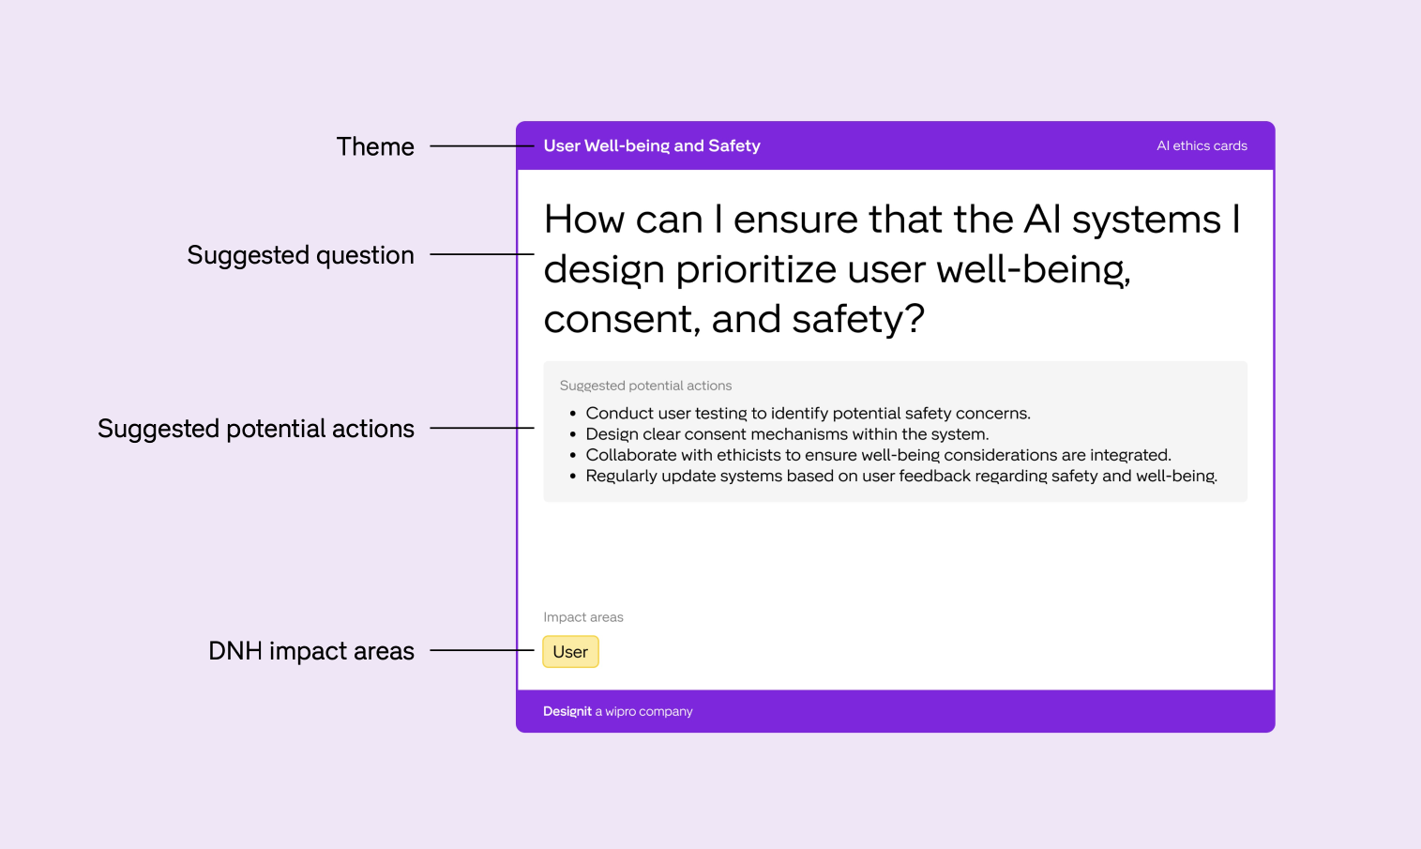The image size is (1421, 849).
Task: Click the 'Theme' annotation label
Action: [375, 146]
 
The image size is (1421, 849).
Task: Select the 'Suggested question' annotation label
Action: [300, 255]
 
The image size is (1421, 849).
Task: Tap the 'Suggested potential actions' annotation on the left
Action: [256, 429]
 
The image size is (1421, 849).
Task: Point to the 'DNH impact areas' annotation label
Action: [310, 651]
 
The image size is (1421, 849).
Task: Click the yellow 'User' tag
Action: [570, 652]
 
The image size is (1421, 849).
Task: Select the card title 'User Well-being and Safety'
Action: [652, 146]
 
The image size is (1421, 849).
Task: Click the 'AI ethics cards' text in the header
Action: [1202, 146]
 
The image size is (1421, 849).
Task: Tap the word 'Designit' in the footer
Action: [567, 711]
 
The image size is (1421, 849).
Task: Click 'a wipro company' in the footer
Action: [643, 711]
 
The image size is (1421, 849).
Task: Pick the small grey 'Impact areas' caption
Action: [583, 617]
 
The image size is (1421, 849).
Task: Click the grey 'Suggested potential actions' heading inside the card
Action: [645, 386]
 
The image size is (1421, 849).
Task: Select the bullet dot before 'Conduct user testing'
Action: [573, 414]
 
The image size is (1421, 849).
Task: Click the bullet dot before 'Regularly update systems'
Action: [573, 477]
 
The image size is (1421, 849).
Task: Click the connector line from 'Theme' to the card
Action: [482, 146]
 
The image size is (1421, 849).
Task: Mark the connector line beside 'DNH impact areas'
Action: [482, 650]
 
